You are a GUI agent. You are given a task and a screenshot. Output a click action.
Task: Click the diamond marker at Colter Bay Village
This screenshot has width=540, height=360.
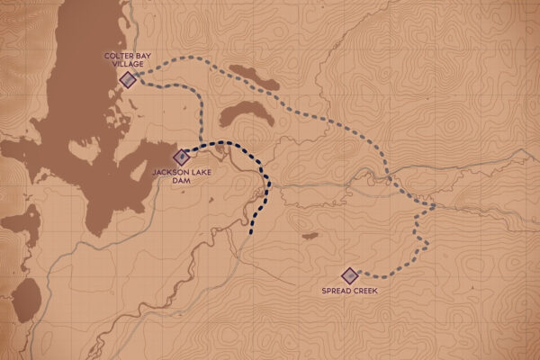129,80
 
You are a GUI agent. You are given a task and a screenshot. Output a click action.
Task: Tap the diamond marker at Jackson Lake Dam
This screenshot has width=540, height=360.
183,156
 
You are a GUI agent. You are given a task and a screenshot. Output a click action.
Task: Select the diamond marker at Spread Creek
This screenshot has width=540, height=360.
348,275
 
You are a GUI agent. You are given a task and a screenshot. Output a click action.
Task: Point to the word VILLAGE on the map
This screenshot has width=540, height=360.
128,65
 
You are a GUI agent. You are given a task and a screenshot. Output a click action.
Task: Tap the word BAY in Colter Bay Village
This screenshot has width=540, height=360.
141,57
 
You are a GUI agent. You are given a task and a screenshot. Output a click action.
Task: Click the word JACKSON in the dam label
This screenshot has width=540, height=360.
169,171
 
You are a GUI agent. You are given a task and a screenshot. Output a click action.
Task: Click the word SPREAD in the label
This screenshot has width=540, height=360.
337,291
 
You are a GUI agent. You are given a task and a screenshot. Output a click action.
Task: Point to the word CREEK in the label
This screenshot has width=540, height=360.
362,291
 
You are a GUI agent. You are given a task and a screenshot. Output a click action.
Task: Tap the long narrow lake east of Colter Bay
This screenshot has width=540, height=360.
253,76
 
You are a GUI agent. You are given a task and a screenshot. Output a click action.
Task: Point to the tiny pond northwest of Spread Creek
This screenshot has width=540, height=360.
310,236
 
